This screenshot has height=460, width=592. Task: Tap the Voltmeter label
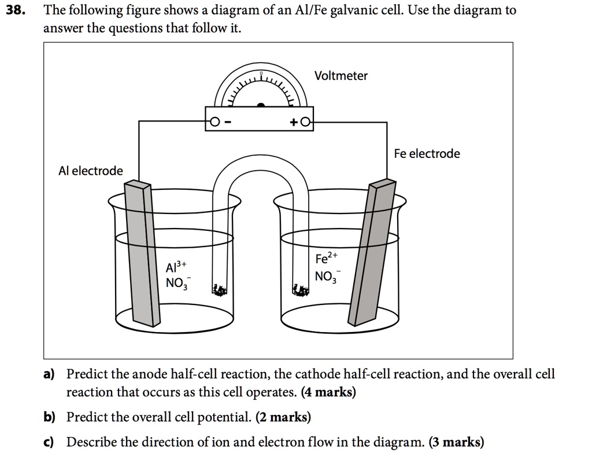pyautogui.click(x=341, y=76)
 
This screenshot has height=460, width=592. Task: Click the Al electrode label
pyautogui.click(x=90, y=171)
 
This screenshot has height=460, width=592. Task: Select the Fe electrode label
pyautogui.click(x=427, y=153)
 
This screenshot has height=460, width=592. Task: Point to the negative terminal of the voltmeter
pyautogui.click(x=214, y=122)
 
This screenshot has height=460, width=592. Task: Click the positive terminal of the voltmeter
pyautogui.click(x=306, y=122)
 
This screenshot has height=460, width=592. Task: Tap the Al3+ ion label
pyautogui.click(x=176, y=267)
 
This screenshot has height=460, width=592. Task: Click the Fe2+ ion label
pyautogui.click(x=324, y=257)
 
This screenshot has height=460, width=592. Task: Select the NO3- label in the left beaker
pyautogui.click(x=176, y=284)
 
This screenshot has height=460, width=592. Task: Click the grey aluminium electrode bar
pyautogui.click(x=142, y=255)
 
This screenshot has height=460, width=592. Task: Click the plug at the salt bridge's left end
pyautogui.click(x=220, y=290)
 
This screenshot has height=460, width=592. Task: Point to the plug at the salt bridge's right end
pyautogui.click(x=300, y=290)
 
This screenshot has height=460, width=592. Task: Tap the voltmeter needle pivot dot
pyautogui.click(x=261, y=105)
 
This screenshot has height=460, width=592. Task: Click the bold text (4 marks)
pyautogui.click(x=328, y=392)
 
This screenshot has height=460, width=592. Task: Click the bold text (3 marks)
pyautogui.click(x=456, y=443)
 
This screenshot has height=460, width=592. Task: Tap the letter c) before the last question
pyautogui.click(x=49, y=443)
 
